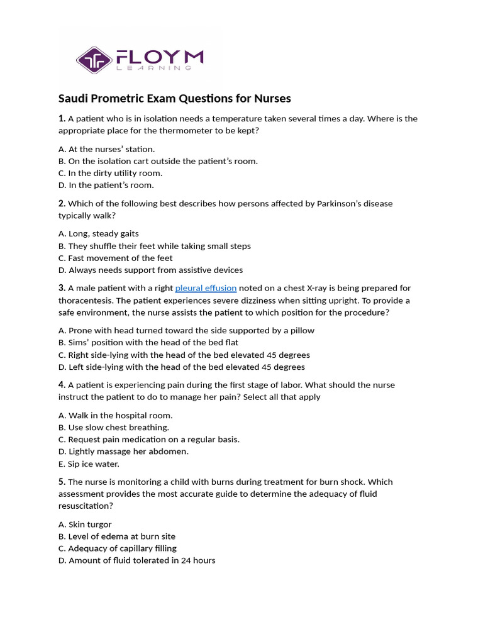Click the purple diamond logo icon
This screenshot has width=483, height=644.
click(x=94, y=60)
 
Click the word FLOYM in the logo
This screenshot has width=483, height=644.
click(x=160, y=58)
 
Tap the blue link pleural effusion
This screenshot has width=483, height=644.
click(x=206, y=288)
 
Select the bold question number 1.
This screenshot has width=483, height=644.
click(x=62, y=119)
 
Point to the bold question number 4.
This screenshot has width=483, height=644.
click(x=62, y=385)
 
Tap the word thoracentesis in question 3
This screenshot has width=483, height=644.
click(x=85, y=301)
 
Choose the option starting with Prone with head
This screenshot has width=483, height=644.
click(x=186, y=330)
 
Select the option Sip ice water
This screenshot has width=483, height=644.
click(x=89, y=464)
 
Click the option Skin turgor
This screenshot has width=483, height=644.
click(x=85, y=525)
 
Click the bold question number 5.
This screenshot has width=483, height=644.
click(x=62, y=482)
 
